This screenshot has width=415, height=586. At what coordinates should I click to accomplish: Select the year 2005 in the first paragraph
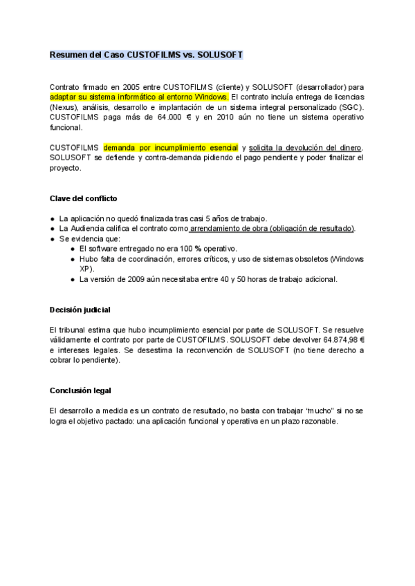pyautogui.click(x=112, y=87)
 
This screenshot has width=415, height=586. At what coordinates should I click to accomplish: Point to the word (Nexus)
pyautogui.click(x=63, y=107)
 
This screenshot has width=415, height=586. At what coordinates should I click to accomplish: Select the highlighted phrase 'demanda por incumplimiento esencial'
pyautogui.click(x=171, y=147)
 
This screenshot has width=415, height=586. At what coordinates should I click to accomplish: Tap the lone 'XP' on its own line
pyautogui.click(x=84, y=268)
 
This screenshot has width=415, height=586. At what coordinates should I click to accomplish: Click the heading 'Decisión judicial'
pyautogui.click(x=80, y=309)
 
